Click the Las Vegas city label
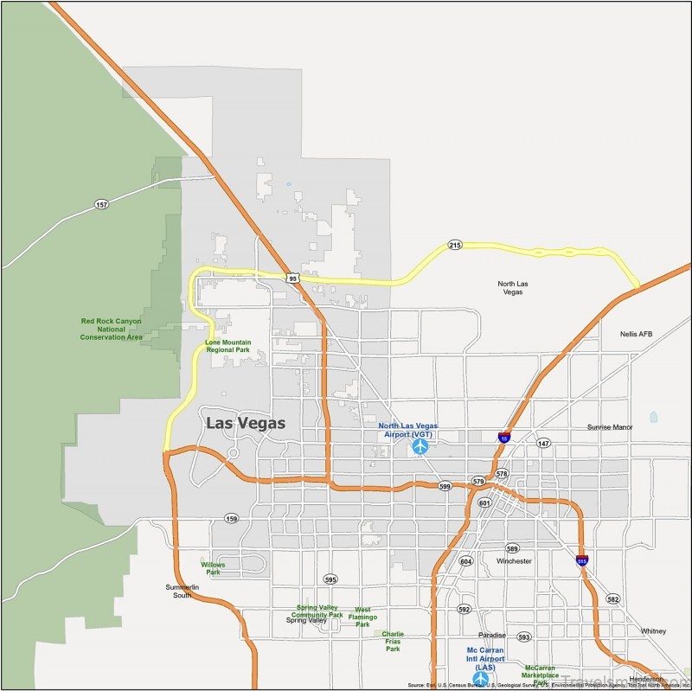246,423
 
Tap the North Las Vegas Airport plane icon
420,446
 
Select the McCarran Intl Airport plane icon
480,679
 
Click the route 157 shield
102,204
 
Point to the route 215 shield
456,246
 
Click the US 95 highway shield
293,278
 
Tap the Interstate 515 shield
583,560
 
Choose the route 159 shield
231,519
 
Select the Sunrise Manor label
611,427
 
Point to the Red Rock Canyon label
111,329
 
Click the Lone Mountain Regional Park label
228,346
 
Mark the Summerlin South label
183,591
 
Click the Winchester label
514,561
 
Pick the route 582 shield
613,598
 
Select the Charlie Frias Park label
393,641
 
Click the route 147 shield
543,443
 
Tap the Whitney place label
653,631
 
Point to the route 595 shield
330,579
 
